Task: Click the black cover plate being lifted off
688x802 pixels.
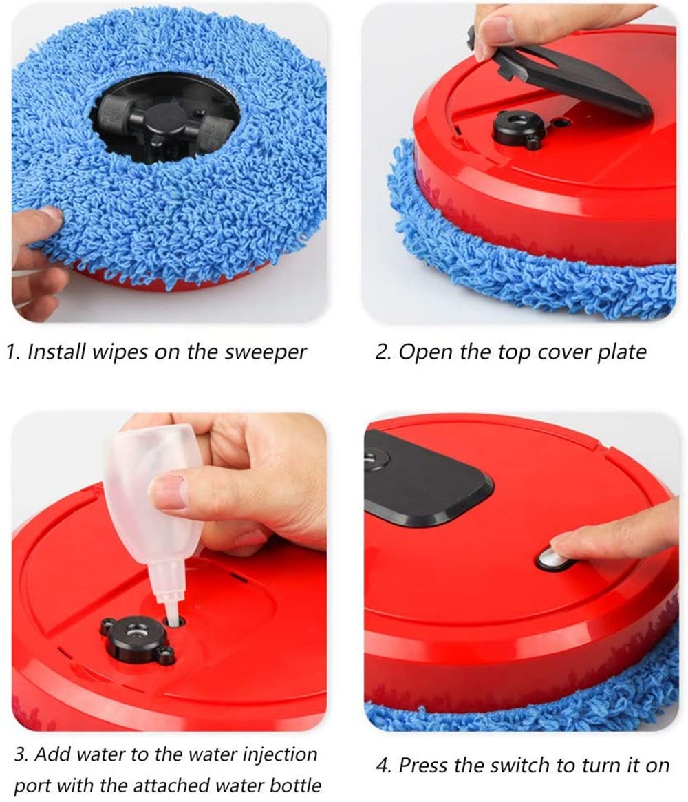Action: tap(558, 72)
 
